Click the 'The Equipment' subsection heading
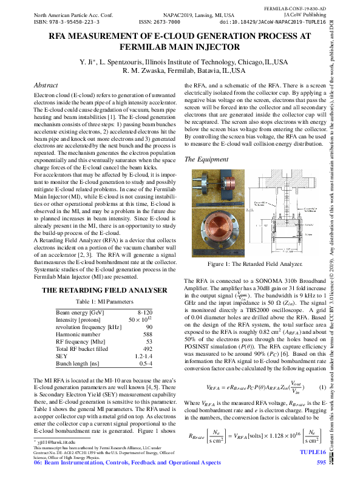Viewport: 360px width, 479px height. [206, 160]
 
